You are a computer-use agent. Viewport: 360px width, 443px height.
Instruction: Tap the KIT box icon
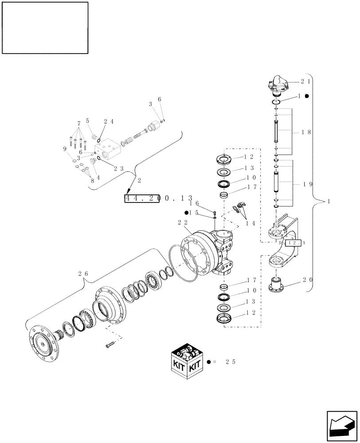pos(187,362)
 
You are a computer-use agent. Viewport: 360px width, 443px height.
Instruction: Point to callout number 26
pos(83,274)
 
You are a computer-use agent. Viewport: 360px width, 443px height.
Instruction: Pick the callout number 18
pos(306,132)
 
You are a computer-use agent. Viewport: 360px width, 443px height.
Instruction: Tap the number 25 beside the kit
pos(230,362)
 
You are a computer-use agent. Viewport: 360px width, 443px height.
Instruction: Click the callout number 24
pos(109,121)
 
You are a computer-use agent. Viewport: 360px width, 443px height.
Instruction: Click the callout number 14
pos(250,223)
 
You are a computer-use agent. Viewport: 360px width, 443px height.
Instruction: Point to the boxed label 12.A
pos(294,243)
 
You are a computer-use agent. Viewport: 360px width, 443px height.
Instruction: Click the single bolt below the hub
pos(110,344)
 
